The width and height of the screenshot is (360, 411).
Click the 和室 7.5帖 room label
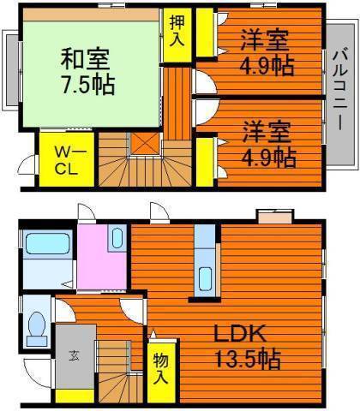[87, 71]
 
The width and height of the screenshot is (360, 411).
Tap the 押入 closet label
[177, 31]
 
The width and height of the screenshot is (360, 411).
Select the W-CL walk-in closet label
[67, 160]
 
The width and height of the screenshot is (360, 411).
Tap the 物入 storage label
[161, 368]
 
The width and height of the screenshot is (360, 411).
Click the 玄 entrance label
[74, 356]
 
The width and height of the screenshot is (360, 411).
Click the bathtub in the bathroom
[47, 243]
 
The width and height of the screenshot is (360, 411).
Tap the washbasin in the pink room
[117, 238]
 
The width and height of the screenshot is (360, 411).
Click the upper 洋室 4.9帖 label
[266, 53]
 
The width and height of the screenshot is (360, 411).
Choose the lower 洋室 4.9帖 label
[268, 144]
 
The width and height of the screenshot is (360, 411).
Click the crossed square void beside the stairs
[145, 144]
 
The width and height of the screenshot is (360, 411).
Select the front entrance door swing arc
[38, 373]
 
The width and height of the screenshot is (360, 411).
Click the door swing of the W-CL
[27, 164]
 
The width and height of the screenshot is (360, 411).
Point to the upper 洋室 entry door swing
[205, 82]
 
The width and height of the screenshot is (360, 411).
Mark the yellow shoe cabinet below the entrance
[75, 396]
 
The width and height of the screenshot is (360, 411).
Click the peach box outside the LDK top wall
[275, 216]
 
